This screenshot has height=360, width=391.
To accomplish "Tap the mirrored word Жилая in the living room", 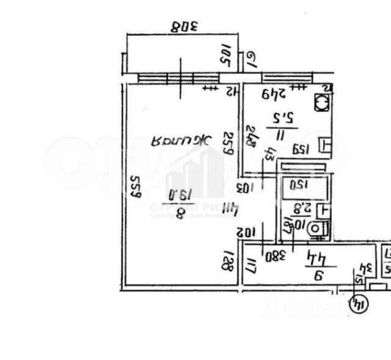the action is [x=181, y=140].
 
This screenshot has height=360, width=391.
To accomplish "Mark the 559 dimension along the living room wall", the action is [x=136, y=186].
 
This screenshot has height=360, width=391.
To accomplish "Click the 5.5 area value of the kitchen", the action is [x=284, y=117].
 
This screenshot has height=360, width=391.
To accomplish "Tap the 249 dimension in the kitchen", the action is [x=275, y=94].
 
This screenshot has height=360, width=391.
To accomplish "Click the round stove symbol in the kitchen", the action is [x=322, y=103].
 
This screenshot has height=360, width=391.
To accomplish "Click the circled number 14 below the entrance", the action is [x=360, y=303].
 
